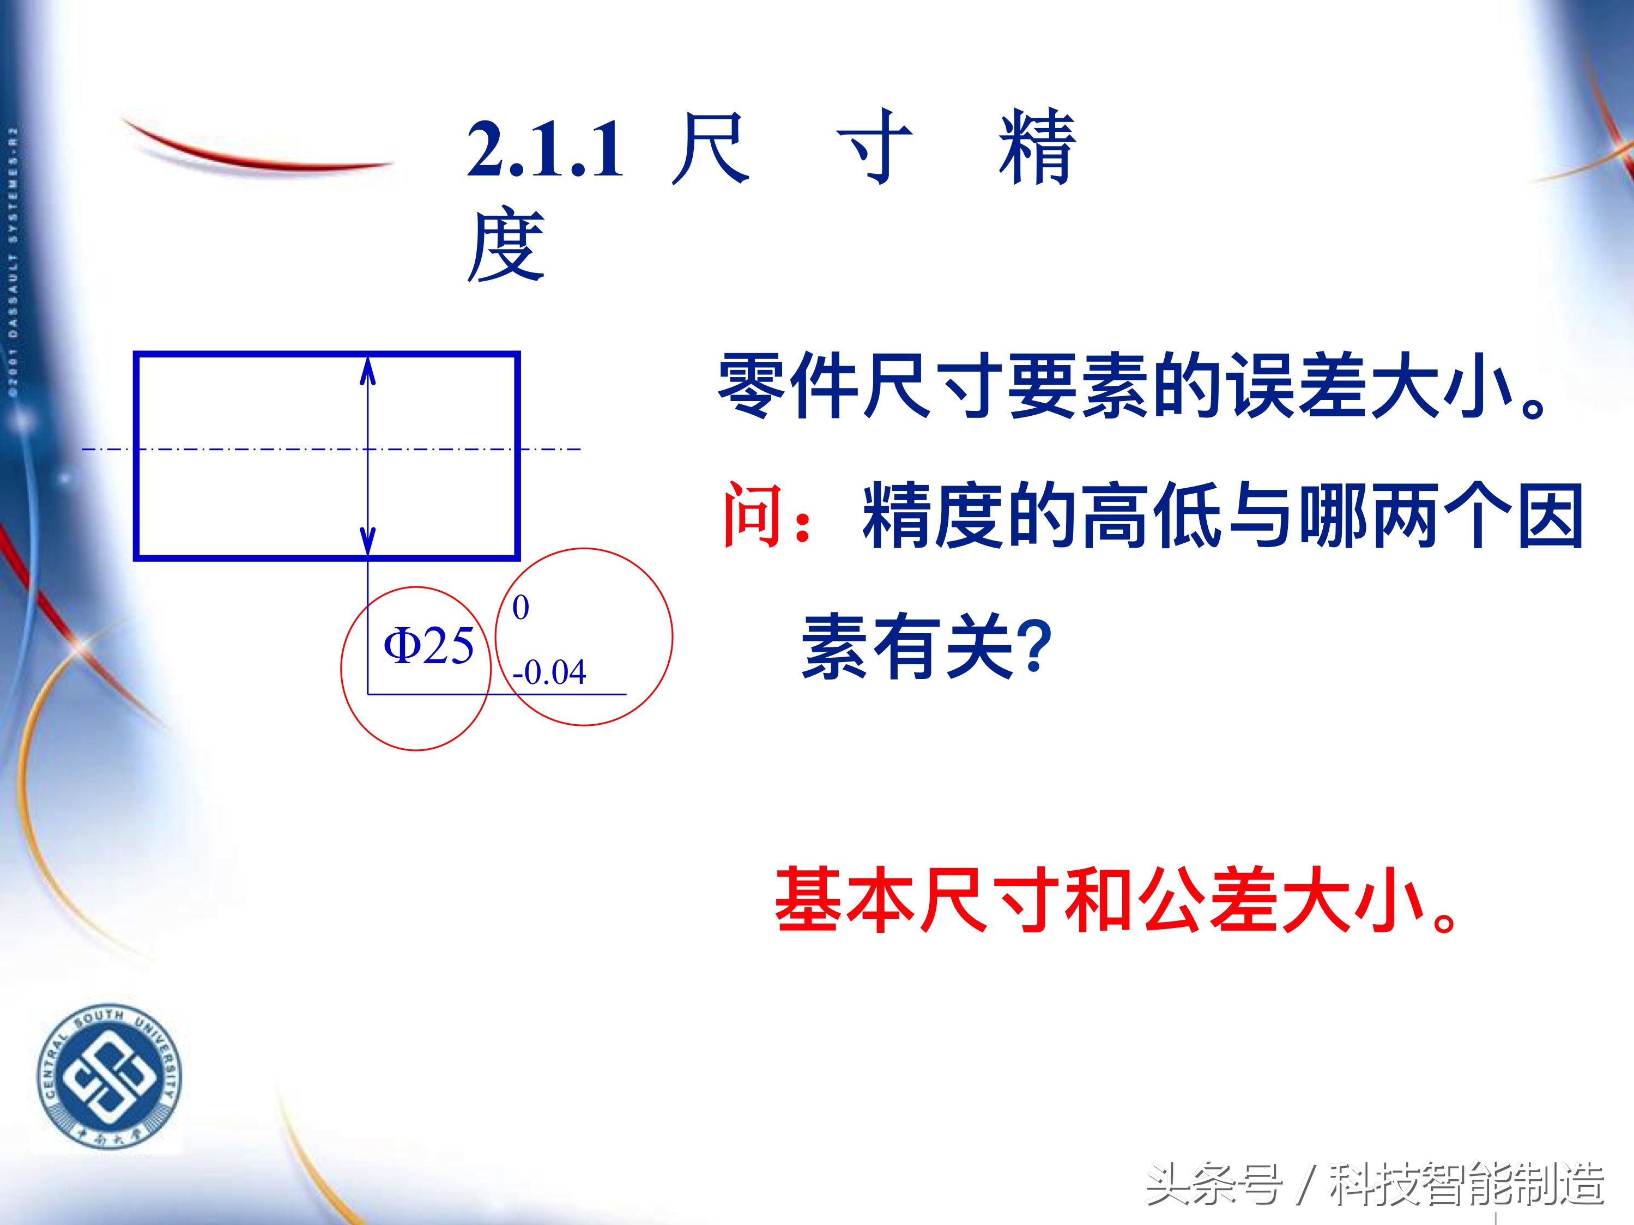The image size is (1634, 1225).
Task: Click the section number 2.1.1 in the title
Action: click(545, 151)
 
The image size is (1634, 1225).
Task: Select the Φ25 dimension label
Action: click(428, 646)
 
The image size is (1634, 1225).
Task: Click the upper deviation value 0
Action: click(521, 608)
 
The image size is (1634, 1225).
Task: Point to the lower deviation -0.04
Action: click(549, 672)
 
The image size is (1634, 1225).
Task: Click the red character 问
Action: click(753, 516)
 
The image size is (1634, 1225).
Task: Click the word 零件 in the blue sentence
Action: click(788, 386)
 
